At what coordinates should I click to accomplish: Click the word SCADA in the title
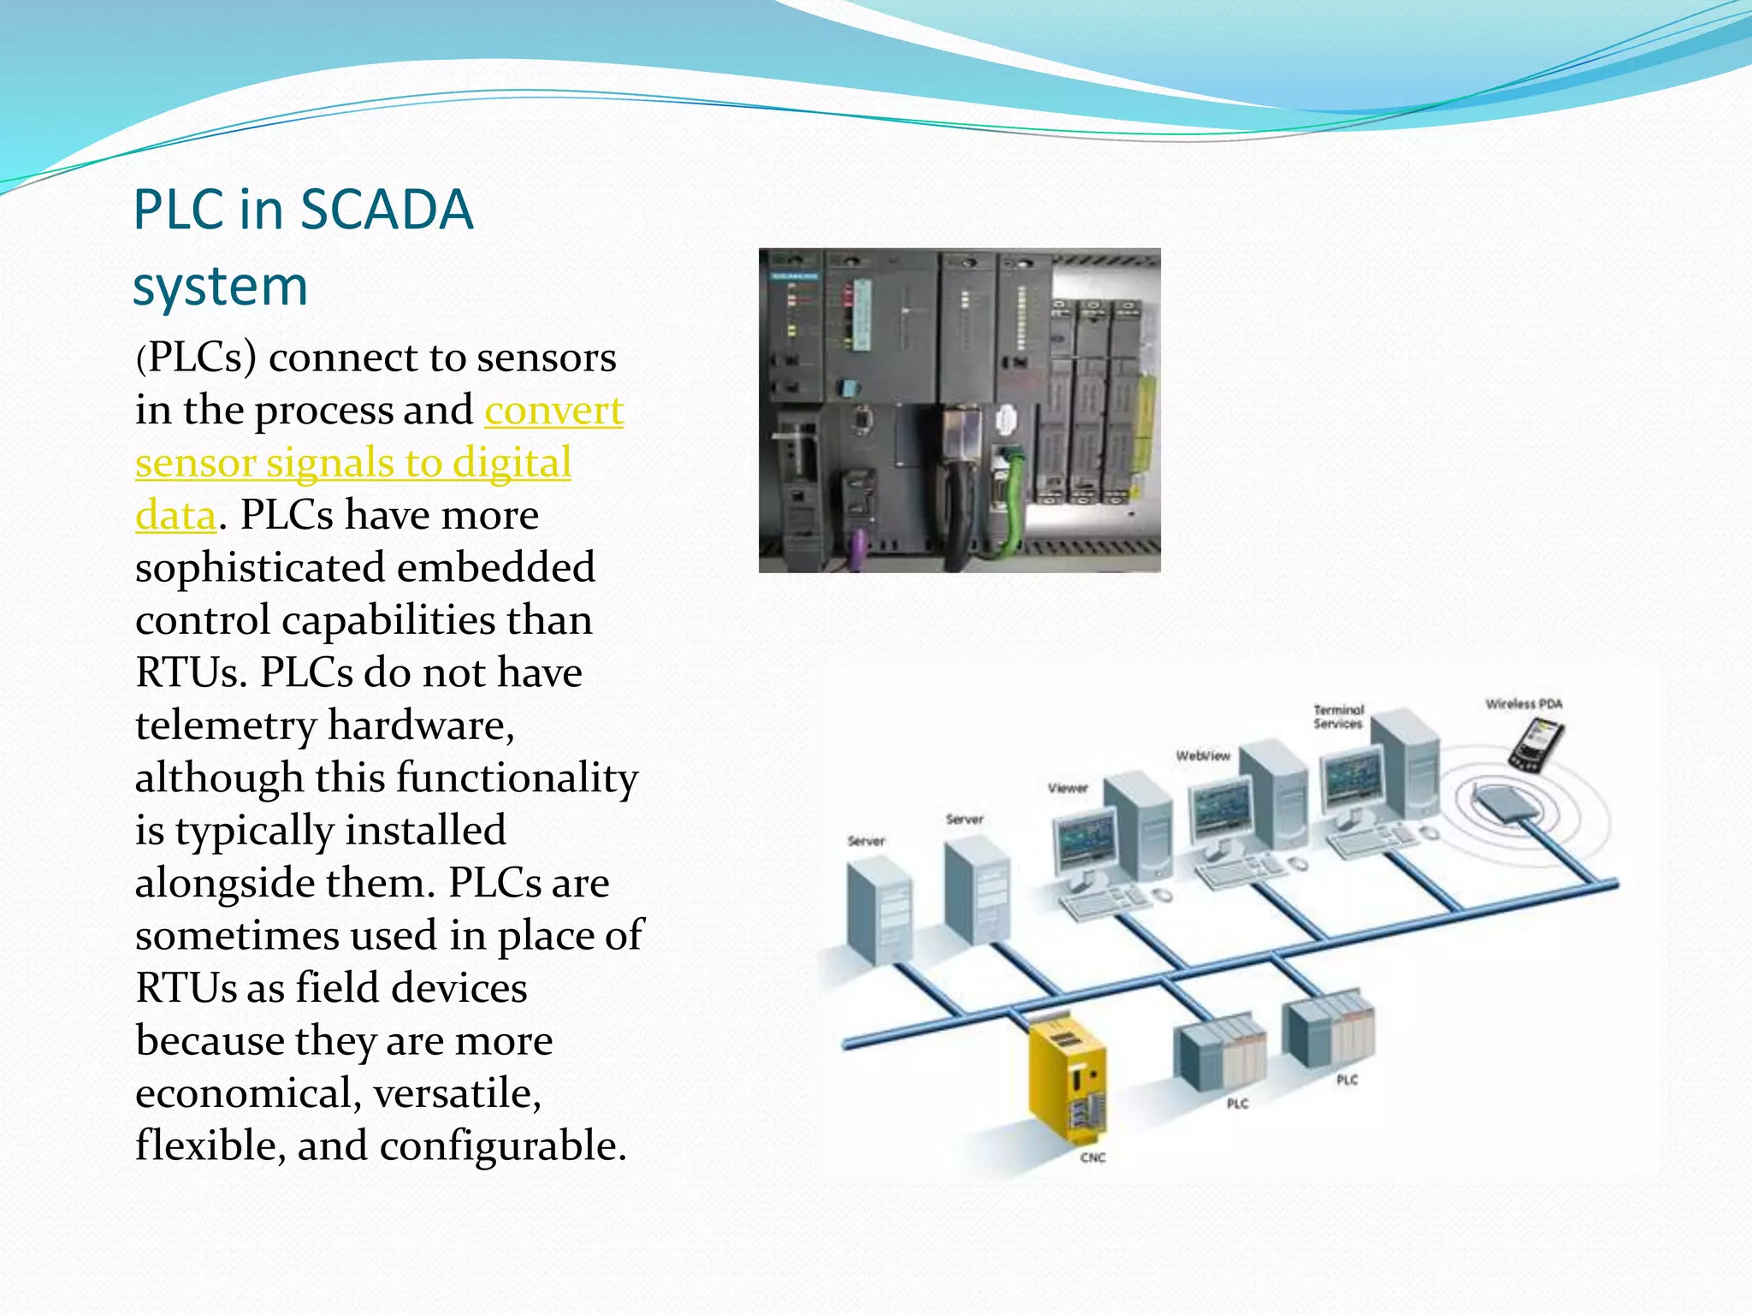(387, 210)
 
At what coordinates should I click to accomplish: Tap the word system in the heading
(220, 287)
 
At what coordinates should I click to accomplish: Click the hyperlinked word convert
(553, 411)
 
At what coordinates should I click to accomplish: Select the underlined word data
(175, 516)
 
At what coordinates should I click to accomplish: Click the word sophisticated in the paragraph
(260, 568)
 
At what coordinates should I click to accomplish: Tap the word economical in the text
(248, 1093)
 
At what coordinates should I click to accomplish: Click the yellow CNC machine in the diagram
(1066, 1078)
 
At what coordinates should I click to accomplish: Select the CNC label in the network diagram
(1092, 1157)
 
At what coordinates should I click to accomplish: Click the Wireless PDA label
(1524, 704)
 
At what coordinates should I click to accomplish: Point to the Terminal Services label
(1339, 717)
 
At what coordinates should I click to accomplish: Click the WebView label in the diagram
(1203, 755)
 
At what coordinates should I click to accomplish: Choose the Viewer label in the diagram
(1068, 788)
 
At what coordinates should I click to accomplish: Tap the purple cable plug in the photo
(859, 547)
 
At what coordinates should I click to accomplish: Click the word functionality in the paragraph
(517, 778)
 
